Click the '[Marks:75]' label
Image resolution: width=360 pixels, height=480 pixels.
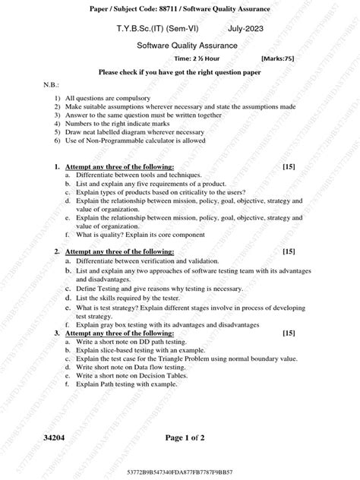278,58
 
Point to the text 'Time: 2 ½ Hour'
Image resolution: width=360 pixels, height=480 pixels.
198,58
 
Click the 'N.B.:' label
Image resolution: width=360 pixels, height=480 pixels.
51,86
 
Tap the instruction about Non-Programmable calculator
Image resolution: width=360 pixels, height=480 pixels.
135,141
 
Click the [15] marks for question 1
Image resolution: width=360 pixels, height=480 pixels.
288,166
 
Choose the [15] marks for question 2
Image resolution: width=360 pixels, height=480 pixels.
288,251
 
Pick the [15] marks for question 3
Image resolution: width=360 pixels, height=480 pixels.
288,333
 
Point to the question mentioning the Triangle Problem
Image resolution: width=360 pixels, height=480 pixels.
183,358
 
